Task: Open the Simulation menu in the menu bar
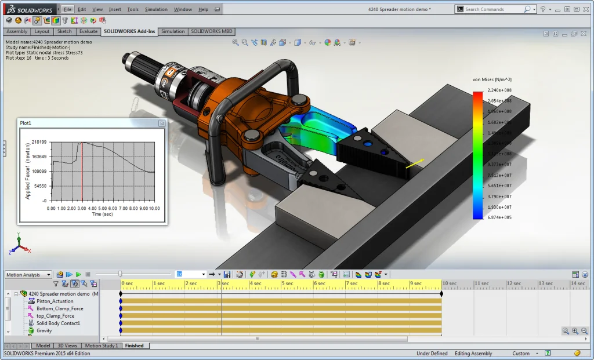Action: [156, 9]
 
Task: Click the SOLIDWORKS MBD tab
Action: [212, 31]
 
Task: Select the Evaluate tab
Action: [89, 31]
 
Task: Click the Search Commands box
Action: [493, 9]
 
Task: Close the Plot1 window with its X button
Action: [162, 123]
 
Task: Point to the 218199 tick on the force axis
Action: [39, 142]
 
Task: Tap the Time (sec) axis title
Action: [102, 214]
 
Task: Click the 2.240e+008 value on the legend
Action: [499, 90]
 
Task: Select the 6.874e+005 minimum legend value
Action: [499, 217]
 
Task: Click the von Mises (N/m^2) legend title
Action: [492, 79]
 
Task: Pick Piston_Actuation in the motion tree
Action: [55, 301]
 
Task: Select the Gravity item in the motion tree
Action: [44, 330]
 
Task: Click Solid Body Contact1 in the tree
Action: [58, 323]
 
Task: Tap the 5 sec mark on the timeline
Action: [288, 283]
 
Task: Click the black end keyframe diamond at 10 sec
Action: [441, 293]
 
